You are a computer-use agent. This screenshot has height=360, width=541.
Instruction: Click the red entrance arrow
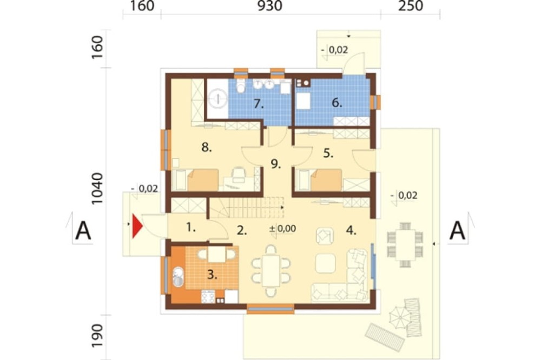click(137, 226)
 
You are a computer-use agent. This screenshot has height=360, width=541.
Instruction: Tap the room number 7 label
click(259, 103)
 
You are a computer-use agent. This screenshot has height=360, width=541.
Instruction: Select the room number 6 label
click(337, 102)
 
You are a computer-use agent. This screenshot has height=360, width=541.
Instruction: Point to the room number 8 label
click(206, 148)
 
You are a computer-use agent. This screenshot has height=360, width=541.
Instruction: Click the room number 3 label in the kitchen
click(212, 275)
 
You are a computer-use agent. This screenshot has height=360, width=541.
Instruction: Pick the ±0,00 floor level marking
click(282, 229)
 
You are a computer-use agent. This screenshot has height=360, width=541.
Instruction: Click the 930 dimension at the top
click(270, 6)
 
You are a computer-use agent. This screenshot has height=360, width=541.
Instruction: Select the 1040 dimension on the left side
click(97, 189)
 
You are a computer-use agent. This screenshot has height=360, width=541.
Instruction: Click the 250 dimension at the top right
click(411, 6)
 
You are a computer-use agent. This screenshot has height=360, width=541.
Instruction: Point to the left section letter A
click(83, 231)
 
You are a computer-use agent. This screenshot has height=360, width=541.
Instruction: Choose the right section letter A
click(458, 231)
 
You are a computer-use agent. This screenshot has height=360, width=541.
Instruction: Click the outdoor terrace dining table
click(405, 245)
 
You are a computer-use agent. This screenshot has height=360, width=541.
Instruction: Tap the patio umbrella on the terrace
click(400, 317)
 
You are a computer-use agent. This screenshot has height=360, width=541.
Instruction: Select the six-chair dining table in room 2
click(271, 271)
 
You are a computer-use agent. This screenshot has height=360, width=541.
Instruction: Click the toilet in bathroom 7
click(241, 85)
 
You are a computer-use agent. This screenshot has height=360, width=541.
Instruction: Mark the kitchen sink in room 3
click(177, 277)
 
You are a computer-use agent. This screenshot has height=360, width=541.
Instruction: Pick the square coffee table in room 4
click(325, 263)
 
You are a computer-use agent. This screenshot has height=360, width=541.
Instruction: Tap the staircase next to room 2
click(247, 207)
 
